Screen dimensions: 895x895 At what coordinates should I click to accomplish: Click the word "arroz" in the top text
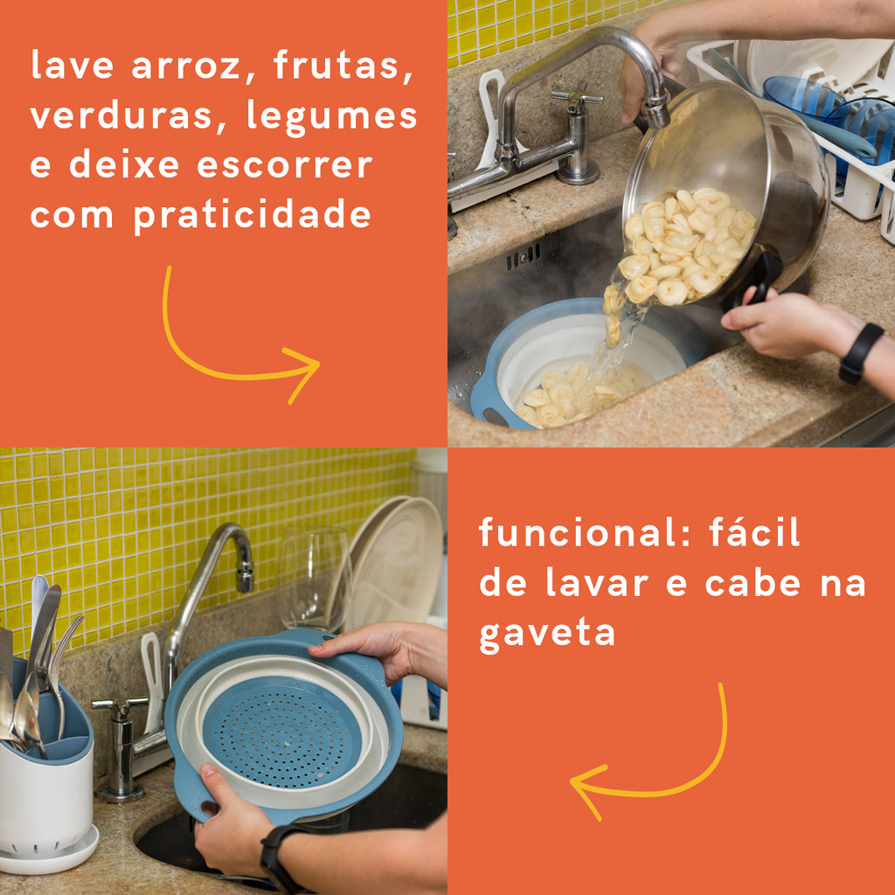tap(187, 66)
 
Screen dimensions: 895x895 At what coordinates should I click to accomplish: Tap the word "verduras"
tap(121, 116)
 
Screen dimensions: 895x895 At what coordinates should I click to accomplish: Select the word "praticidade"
tap(253, 217)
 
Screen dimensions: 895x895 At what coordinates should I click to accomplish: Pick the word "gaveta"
tap(547, 635)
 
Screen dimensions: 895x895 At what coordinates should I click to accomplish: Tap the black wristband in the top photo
tap(860, 354)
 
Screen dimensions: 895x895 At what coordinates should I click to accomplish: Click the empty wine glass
tap(314, 579)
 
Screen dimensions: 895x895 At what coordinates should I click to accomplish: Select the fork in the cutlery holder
tap(61, 670)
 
